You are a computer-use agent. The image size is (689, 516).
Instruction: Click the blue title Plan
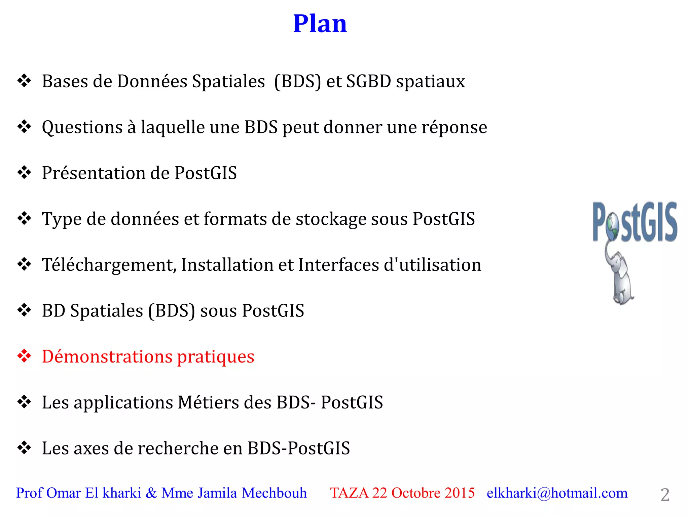(320, 24)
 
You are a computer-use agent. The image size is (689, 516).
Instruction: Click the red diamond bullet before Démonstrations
(24, 356)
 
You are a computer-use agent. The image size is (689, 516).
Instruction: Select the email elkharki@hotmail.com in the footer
(557, 493)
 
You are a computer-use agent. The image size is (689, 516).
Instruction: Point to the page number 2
(665, 495)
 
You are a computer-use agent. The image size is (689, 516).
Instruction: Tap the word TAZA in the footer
(349, 493)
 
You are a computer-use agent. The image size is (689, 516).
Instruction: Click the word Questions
(82, 128)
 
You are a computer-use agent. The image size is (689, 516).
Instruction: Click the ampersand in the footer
(151, 493)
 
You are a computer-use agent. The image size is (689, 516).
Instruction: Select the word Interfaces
(339, 265)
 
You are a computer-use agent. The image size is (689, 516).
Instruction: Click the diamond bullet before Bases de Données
(24, 81)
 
